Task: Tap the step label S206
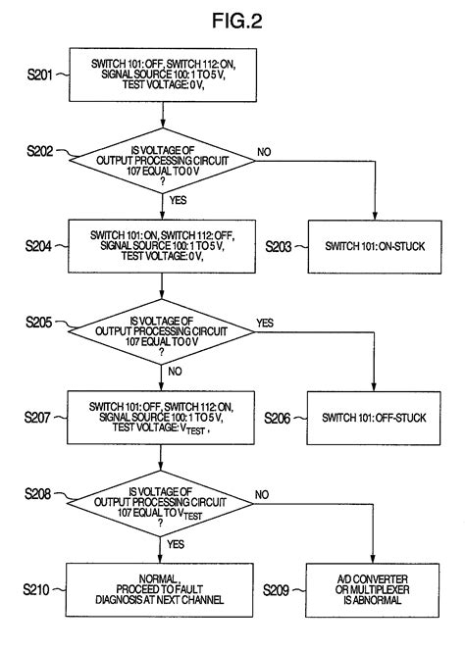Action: coord(284,416)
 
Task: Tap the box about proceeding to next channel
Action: coord(161,588)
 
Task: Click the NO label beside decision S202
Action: coord(264,153)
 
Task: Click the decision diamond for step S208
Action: coord(161,504)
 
